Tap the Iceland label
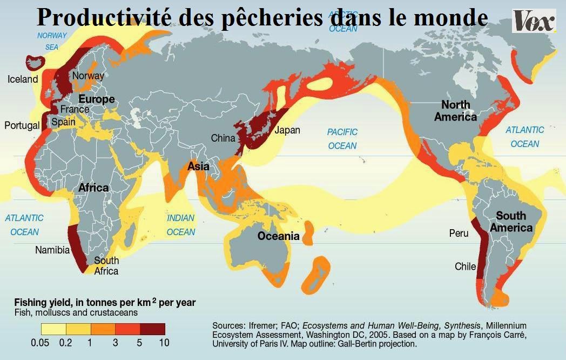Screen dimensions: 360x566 23,79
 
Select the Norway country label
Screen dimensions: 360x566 87,76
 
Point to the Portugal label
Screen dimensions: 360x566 22,125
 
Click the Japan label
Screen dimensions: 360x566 287,130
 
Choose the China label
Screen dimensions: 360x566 223,138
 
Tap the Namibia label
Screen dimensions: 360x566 52,250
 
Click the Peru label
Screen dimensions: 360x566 458,234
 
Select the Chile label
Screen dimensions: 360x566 465,266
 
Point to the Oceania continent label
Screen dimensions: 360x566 278,236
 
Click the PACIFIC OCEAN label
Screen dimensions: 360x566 342,139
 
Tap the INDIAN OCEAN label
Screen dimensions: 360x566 181,225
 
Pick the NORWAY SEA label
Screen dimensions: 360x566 52,41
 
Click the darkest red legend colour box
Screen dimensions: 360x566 152,329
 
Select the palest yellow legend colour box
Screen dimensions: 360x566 53,329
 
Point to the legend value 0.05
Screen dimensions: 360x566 42,343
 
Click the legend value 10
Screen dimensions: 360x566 164,343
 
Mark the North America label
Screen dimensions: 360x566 456,110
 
